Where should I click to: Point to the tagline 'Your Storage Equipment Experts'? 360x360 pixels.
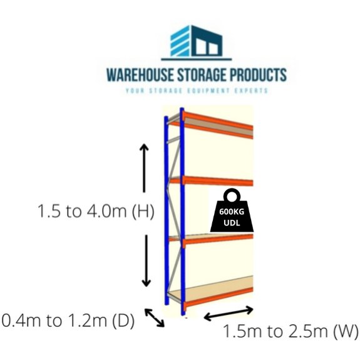(196, 91)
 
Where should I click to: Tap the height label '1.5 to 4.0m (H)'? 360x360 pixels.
(96, 211)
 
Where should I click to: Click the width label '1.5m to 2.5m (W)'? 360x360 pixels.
(291, 331)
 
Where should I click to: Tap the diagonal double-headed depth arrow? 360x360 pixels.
(154, 317)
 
